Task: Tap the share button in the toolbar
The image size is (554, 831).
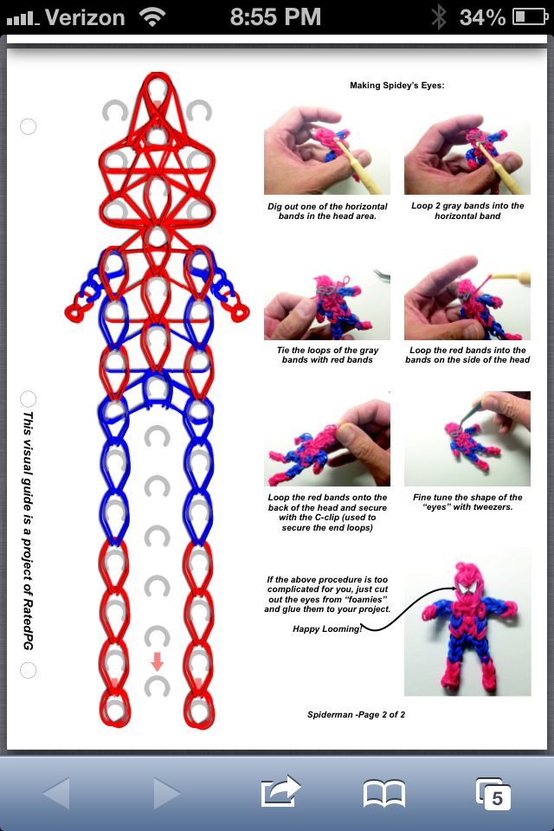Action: [x=280, y=791]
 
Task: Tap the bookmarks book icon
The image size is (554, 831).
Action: [x=383, y=794]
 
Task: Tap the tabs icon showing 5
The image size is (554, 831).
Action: [x=493, y=794]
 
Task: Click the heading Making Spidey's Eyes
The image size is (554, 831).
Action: [x=397, y=86]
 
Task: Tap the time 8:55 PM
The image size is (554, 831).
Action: [x=275, y=17]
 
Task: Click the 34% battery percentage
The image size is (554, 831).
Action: [x=482, y=17]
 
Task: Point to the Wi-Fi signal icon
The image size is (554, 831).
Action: [x=151, y=17]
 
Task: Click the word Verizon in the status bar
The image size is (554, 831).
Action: [x=85, y=17]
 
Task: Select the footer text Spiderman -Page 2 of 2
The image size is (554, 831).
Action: [x=357, y=714]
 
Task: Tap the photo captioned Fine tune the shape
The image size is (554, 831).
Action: [x=467, y=438]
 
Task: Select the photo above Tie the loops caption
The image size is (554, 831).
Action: [x=327, y=304]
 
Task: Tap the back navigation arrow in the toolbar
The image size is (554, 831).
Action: [x=56, y=793]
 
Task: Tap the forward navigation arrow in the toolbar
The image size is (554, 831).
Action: [x=166, y=793]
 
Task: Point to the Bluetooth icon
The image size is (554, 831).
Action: [x=438, y=17]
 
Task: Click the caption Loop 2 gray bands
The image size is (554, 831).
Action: [x=467, y=210]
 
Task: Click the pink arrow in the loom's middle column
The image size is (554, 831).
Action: [x=157, y=661]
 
